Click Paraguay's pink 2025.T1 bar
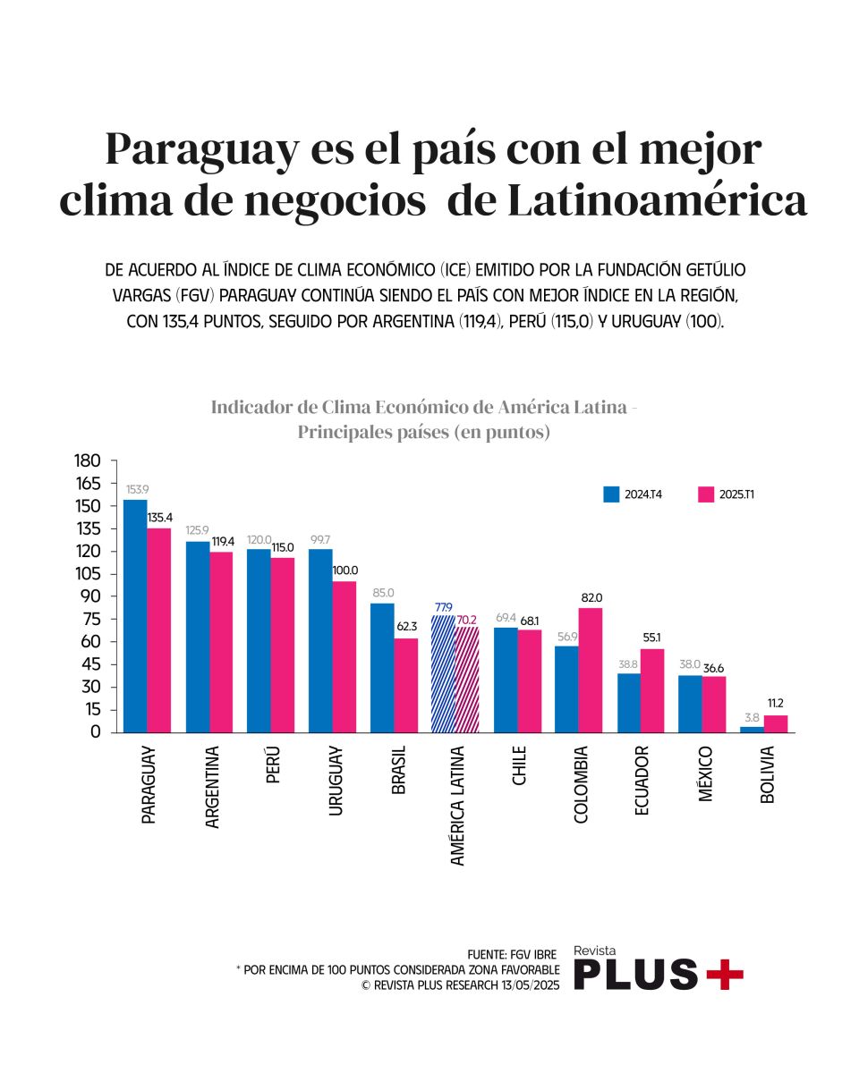coord(159,630)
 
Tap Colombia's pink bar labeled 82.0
coord(591,670)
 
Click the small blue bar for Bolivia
coord(753,730)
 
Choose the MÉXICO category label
coord(705,773)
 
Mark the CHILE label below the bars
coord(519,766)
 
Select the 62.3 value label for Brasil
coord(407,626)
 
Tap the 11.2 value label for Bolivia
coord(775,704)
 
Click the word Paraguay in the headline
coord(202,149)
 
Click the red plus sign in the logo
coord(724,973)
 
